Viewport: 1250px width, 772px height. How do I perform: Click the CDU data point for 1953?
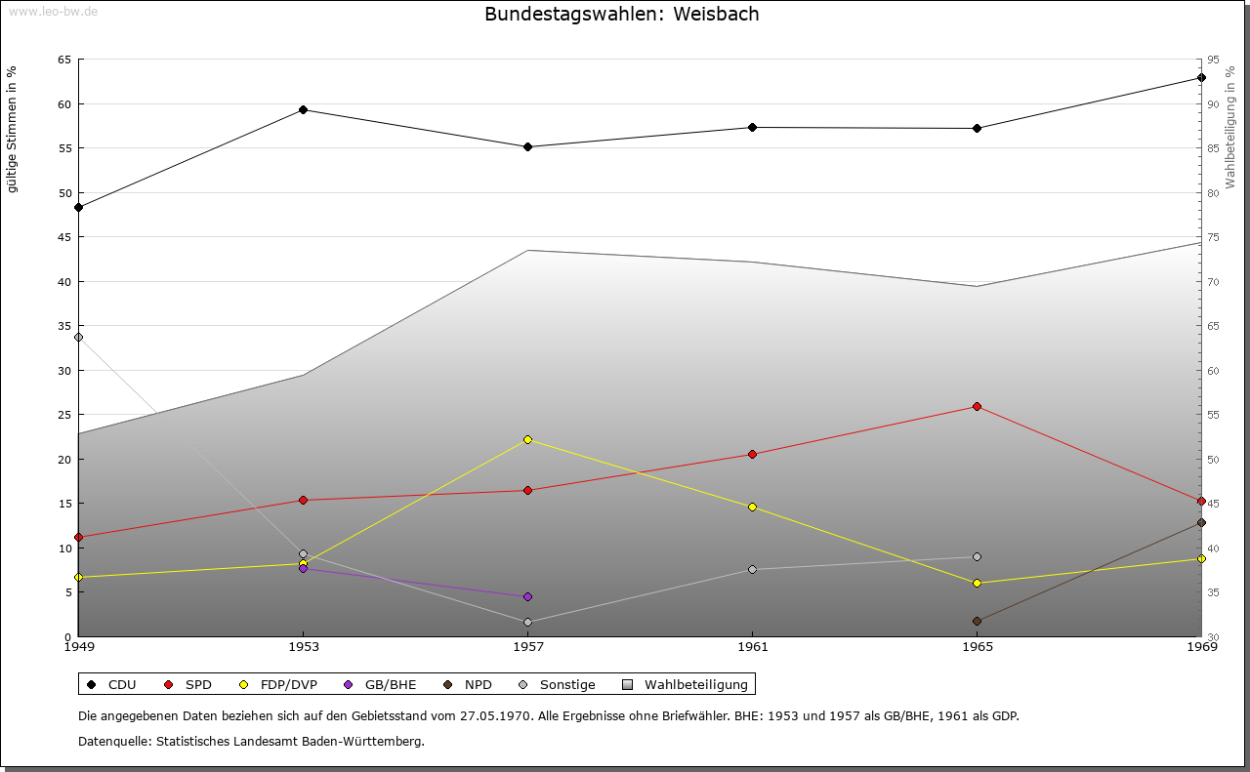tap(303, 109)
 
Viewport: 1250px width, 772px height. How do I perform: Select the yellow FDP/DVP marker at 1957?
tap(527, 439)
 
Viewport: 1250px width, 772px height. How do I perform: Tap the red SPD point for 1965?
tap(977, 406)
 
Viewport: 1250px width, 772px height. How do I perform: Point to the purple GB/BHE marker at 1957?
tap(527, 596)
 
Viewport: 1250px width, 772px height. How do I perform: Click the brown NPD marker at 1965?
tap(977, 621)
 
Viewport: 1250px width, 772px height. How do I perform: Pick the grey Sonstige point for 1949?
tap(78, 337)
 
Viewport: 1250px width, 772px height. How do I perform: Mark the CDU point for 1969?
tap(1201, 77)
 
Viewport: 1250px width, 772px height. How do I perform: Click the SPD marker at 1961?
tap(752, 454)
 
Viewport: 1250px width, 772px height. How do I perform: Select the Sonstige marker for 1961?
tap(752, 569)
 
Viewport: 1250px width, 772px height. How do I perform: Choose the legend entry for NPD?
tap(468, 684)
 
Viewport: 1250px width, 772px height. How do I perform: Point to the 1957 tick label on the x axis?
tap(527, 646)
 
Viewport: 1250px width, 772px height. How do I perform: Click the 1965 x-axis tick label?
tap(977, 646)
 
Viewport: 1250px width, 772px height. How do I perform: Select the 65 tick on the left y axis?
tap(64, 60)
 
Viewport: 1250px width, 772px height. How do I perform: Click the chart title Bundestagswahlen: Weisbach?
tap(621, 14)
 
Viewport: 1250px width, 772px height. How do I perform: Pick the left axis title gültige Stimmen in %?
tap(13, 129)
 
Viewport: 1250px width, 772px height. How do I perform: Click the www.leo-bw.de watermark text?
tap(49, 10)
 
